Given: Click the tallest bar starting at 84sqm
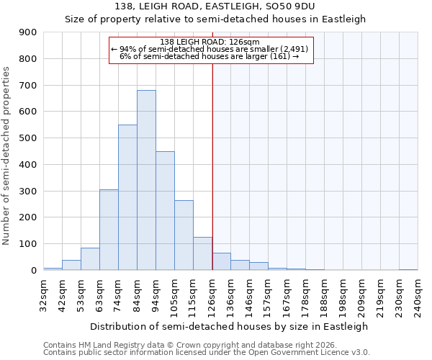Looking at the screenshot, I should pos(146,180).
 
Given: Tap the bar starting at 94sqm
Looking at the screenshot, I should pos(165,210).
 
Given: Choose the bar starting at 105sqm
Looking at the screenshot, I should pos(184,235).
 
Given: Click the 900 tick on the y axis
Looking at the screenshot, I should pos(28,32).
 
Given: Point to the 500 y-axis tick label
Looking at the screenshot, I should pos(28,138).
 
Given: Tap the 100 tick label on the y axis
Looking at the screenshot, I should pos(28,244).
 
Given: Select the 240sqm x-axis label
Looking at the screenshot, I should pos(418,295).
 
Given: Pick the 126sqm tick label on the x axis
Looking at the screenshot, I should pos(212,295).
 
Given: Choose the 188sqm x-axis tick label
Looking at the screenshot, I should pos(325,295).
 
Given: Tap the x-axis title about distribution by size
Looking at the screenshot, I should pos(230,326).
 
